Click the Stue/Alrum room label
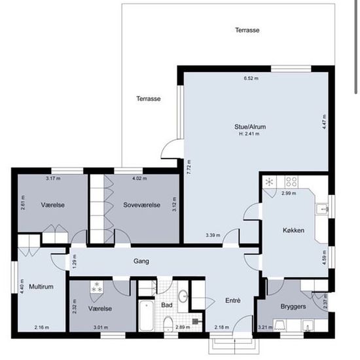click(250, 127)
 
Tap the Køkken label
click(293, 230)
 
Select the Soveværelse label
click(141, 205)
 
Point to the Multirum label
click(41, 287)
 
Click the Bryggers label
click(293, 306)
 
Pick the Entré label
click(233, 300)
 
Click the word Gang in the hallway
click(141, 261)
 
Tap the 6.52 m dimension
click(251, 79)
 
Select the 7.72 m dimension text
click(189, 167)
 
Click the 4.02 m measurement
click(139, 179)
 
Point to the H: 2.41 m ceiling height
click(249, 134)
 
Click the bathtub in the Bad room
click(146, 315)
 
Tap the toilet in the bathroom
click(168, 323)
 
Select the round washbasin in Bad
click(183, 296)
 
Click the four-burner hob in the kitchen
click(291, 181)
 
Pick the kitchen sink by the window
click(322, 209)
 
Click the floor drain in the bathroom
click(195, 321)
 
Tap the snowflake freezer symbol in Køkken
click(269, 183)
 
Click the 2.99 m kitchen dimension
click(289, 193)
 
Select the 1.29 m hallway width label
click(75, 261)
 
